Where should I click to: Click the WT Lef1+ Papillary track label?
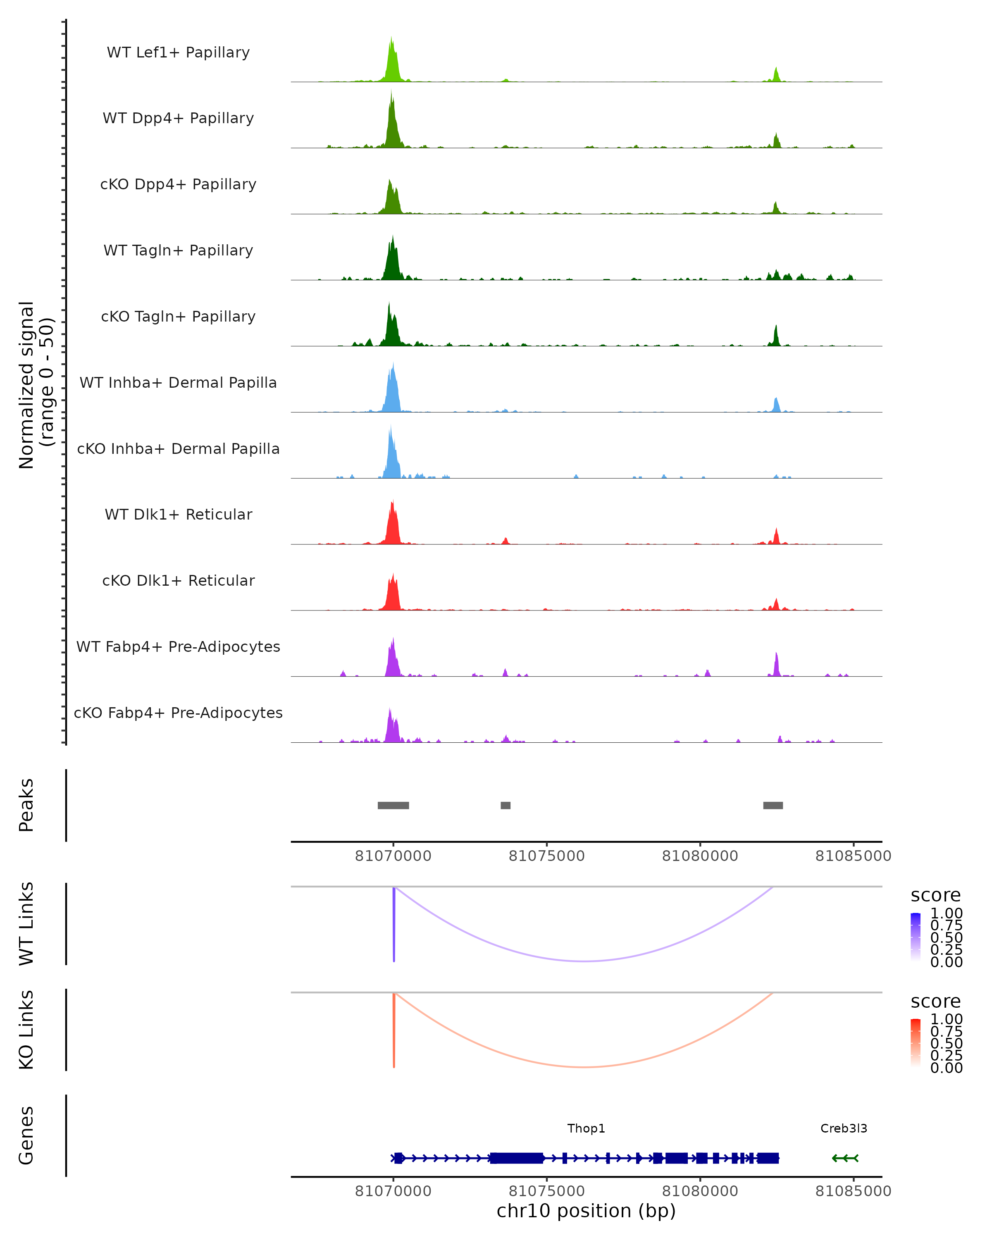tap(178, 52)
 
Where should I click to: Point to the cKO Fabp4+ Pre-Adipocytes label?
tap(178, 713)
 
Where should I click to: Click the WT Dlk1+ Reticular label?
tap(178, 514)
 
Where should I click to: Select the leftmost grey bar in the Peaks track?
tap(393, 805)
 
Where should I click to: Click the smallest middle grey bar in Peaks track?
tap(506, 805)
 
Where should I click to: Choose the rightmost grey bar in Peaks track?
tap(773, 805)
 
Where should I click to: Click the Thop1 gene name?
tap(586, 1128)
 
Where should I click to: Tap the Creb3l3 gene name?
tap(844, 1128)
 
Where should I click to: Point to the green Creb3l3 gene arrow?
tap(845, 1158)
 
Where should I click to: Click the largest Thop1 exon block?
tap(516, 1158)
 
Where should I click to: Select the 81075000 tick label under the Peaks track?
tap(546, 856)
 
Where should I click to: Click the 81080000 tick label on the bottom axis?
tap(700, 1191)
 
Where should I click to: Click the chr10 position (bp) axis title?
tap(586, 1211)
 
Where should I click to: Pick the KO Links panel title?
tap(26, 1030)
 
